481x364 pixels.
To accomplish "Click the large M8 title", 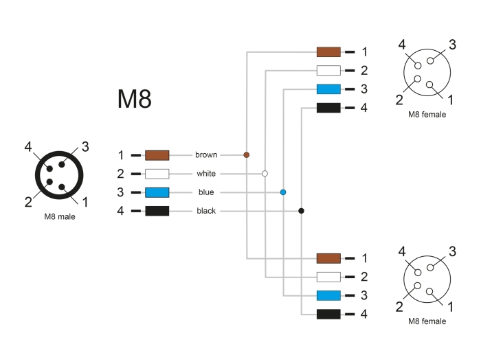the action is [135, 99].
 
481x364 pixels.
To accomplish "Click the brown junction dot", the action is [246, 155].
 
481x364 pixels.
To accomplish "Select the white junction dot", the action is [265, 174].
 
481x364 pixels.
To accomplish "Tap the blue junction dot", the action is [283, 192].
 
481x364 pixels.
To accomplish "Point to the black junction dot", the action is [301, 211].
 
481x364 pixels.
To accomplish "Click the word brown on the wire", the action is [206, 155].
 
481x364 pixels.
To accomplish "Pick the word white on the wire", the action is [206, 174].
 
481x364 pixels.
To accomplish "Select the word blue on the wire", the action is [206, 192].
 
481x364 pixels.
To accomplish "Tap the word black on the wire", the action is [206, 211].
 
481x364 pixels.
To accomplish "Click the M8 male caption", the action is [60, 217].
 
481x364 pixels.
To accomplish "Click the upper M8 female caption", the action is [427, 115].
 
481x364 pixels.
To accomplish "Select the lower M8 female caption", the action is [427, 321].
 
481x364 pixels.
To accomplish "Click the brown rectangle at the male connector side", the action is [157, 155].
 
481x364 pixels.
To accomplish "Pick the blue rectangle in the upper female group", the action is [328, 89].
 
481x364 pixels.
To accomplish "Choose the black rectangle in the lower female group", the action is [328, 315].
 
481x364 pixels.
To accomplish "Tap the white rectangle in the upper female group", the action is [328, 70].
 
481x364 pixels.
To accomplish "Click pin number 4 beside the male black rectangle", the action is [120, 211].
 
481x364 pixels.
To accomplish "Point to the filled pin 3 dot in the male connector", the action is [62, 164].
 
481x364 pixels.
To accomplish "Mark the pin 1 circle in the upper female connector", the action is [429, 84].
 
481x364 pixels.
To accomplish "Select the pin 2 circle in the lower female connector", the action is [417, 286].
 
